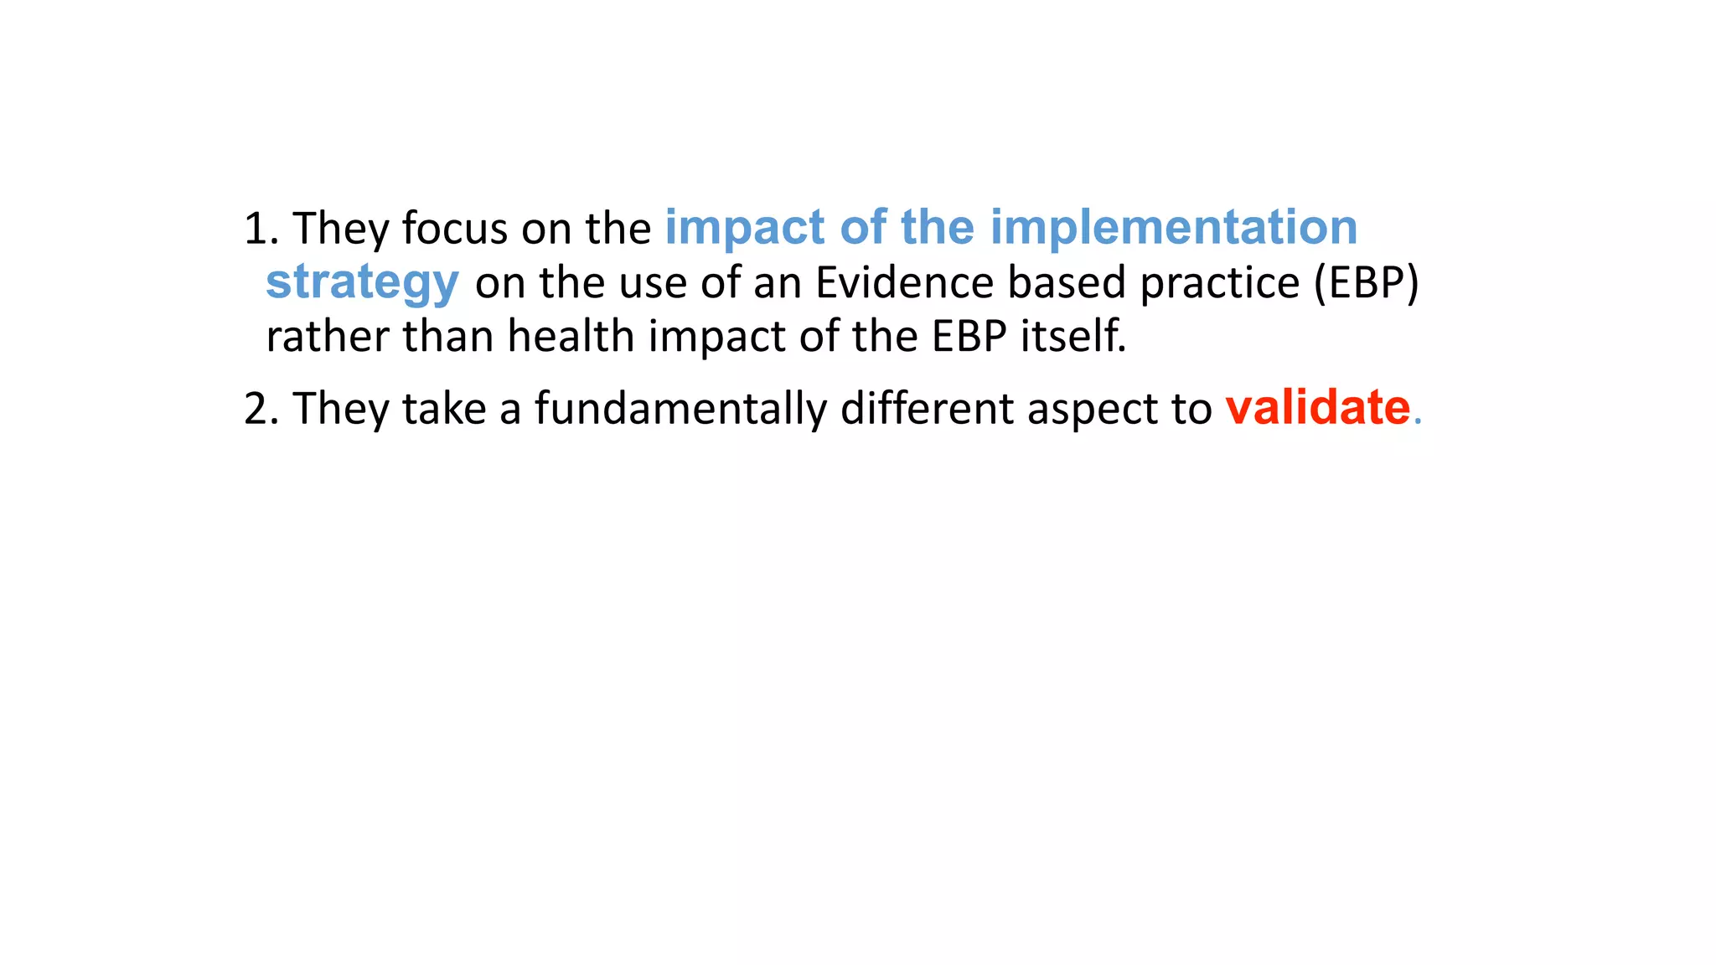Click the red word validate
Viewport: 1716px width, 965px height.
tap(1317, 408)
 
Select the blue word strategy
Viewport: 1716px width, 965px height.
tap(362, 283)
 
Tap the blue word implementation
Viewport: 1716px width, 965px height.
tap(1173, 227)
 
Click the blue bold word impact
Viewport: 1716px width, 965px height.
tap(745, 229)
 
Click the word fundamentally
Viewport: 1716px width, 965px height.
tap(680, 410)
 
